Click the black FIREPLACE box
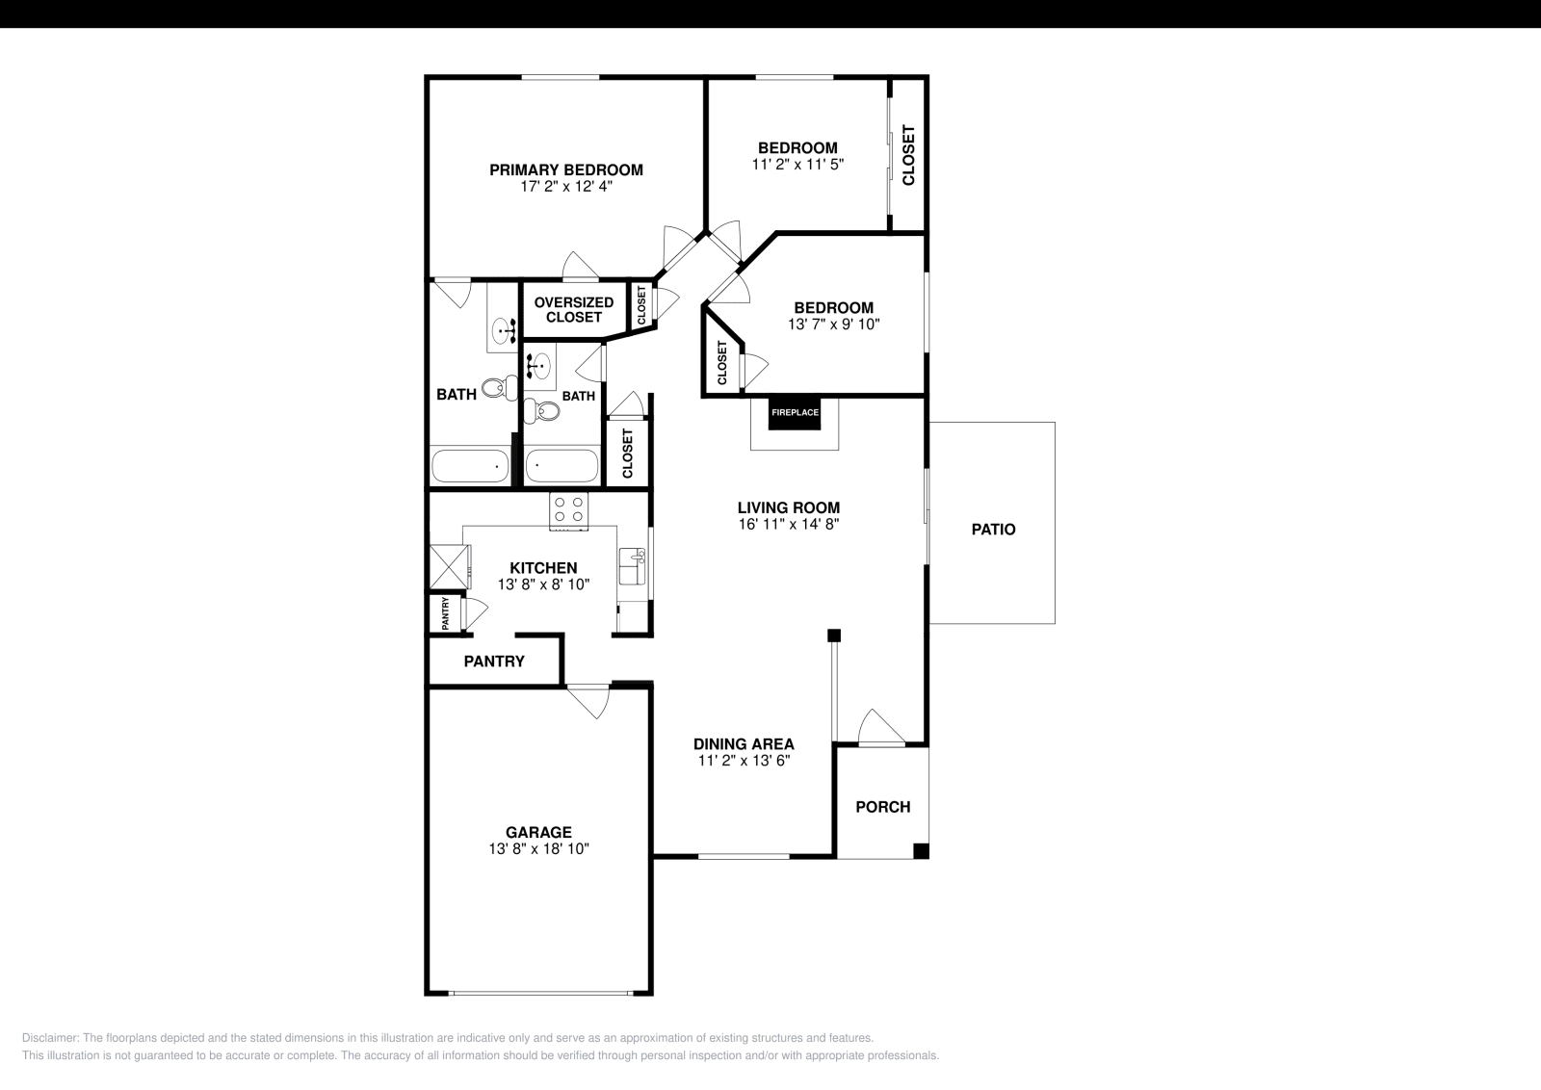click(x=795, y=412)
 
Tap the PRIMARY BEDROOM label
click(x=566, y=170)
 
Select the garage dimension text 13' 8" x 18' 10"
click(x=538, y=849)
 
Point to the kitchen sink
click(x=633, y=565)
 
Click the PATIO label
click(x=993, y=529)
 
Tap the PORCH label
click(x=882, y=807)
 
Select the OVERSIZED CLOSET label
click(x=574, y=309)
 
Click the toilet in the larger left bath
click(x=495, y=388)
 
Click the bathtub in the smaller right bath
click(x=562, y=466)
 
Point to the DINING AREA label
click(x=744, y=743)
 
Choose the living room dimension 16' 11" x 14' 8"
click(x=789, y=525)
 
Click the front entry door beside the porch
click(x=881, y=729)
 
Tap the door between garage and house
click(x=588, y=699)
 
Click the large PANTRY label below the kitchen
click(x=494, y=662)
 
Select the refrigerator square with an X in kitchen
click(x=449, y=566)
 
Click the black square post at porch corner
click(x=921, y=850)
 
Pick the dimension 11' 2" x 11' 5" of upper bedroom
click(x=797, y=165)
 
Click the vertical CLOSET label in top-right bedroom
click(x=908, y=156)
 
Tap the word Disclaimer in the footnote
click(x=50, y=1038)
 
